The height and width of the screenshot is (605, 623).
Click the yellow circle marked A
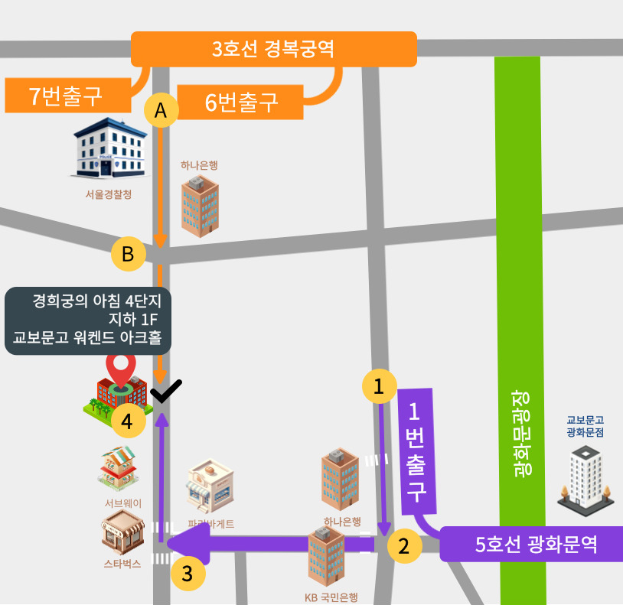click(161, 110)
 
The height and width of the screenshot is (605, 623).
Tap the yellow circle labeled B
click(129, 253)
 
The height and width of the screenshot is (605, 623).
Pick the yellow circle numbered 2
click(404, 546)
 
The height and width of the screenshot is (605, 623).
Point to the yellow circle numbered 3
click(188, 572)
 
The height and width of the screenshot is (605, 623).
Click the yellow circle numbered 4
click(128, 421)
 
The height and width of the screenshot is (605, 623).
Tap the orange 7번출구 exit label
click(67, 96)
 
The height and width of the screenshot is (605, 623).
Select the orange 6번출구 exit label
click(241, 101)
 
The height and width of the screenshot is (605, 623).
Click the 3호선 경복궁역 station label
click(274, 50)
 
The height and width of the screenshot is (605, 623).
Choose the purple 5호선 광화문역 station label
click(534, 545)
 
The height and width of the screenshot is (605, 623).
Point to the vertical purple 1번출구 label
click(416, 451)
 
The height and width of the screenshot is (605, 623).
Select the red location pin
click(121, 369)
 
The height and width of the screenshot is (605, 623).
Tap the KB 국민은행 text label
click(331, 598)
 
